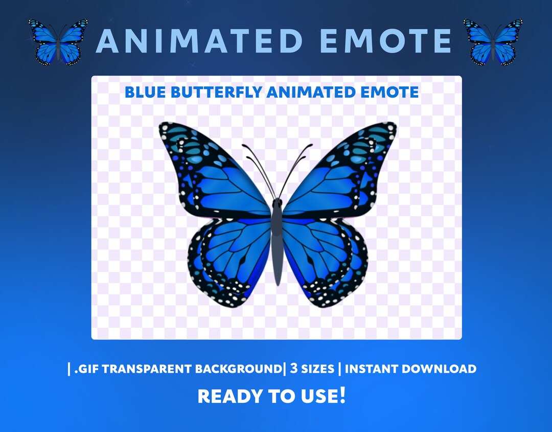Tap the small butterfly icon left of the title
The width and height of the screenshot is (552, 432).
tap(58, 42)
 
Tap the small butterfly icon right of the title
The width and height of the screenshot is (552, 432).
tap(493, 42)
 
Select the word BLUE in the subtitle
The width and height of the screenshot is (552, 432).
tap(143, 93)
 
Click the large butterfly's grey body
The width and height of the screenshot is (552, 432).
tap(277, 240)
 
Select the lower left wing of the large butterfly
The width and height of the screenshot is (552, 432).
tap(233, 261)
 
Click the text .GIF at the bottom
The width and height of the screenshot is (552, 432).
tap(86, 369)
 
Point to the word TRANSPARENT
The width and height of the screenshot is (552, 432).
tap(148, 369)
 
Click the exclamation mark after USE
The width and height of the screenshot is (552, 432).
tap(342, 395)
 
